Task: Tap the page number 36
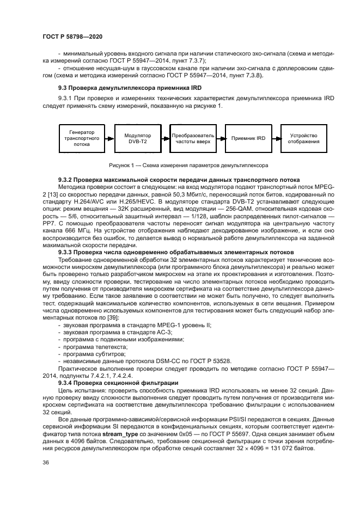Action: point(46,478)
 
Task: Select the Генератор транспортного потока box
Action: point(82,139)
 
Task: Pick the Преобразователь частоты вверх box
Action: point(193,139)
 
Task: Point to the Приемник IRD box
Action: point(248,139)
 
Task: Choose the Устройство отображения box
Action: point(303,139)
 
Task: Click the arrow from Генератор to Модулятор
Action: point(110,139)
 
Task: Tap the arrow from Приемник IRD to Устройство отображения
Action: point(276,139)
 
